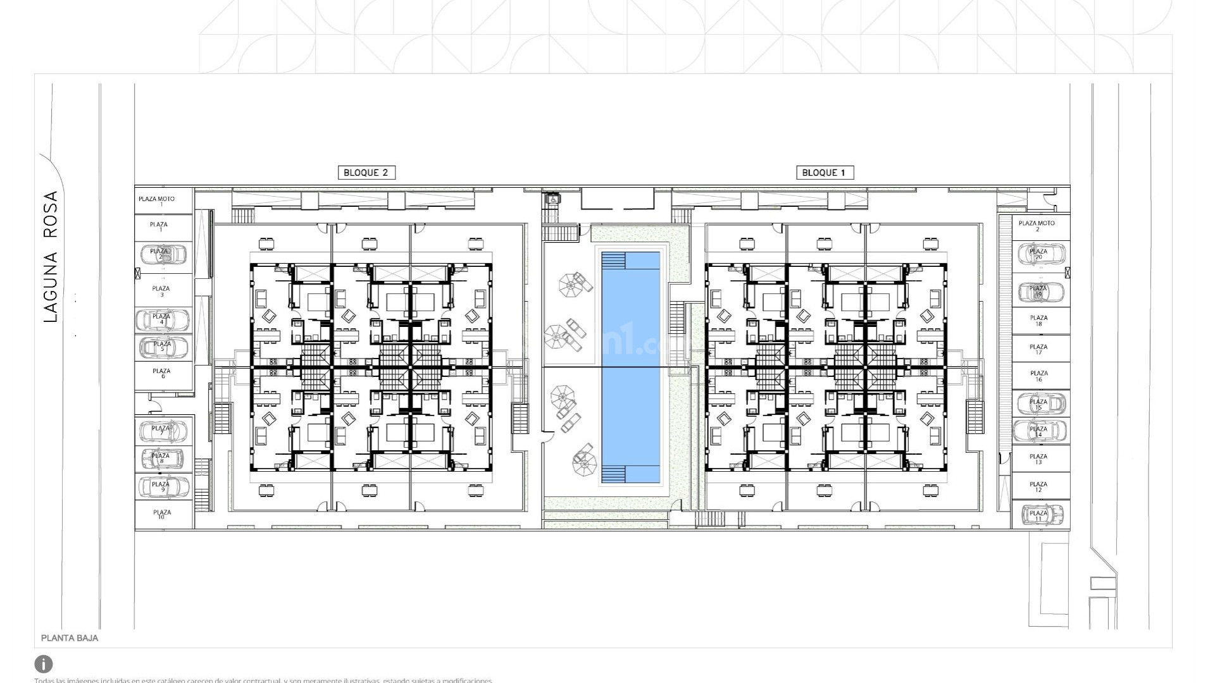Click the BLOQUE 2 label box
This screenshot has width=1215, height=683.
(366, 173)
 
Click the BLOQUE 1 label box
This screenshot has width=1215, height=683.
(823, 173)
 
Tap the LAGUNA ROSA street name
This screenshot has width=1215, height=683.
(51, 256)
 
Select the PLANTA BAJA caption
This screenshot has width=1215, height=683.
(70, 638)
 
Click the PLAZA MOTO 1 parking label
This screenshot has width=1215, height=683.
(156, 200)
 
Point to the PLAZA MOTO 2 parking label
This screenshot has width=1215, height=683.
(1037, 225)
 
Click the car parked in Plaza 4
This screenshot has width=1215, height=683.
(163, 320)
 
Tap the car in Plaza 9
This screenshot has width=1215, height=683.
(164, 487)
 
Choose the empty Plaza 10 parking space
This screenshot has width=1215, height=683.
(162, 515)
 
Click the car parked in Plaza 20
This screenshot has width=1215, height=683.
(1041, 255)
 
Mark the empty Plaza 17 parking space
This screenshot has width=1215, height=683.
(1039, 349)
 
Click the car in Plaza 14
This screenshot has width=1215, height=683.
(1039, 432)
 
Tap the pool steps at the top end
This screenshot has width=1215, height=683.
(613, 261)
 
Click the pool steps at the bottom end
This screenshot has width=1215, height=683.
(613, 474)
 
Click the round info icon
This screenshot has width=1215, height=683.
(44, 664)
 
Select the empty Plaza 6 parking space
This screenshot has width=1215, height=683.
(163, 374)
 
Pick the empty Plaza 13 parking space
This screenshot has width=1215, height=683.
(1038, 459)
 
